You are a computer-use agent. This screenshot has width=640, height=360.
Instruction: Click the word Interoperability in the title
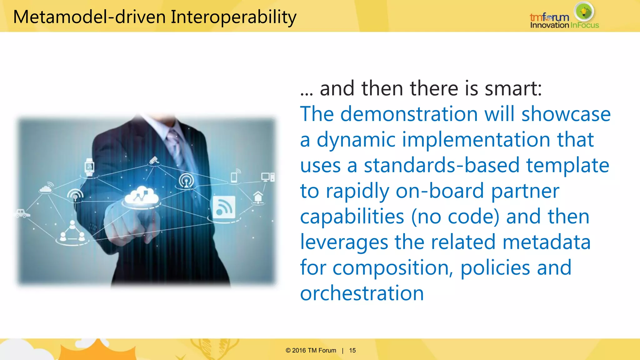click(233, 17)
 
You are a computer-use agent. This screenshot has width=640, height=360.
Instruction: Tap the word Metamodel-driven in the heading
click(89, 17)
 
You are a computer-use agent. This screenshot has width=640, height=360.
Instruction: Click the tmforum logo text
click(549, 17)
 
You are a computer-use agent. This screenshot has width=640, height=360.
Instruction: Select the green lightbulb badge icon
click(584, 12)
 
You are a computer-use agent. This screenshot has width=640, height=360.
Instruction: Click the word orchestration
click(362, 293)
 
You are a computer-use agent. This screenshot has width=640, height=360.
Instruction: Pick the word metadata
click(547, 242)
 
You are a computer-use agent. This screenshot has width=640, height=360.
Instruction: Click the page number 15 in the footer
click(352, 350)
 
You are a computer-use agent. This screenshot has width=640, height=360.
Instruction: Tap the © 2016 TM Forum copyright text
click(311, 350)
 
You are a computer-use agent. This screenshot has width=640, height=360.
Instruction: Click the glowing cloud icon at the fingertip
click(142, 196)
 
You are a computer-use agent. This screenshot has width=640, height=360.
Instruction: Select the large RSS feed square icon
click(224, 207)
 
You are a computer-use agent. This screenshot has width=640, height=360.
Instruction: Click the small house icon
click(258, 197)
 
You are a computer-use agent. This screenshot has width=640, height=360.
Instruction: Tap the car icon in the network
click(22, 213)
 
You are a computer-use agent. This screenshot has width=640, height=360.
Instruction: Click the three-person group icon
click(72, 232)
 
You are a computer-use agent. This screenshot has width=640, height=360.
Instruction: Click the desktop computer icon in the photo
click(267, 177)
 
